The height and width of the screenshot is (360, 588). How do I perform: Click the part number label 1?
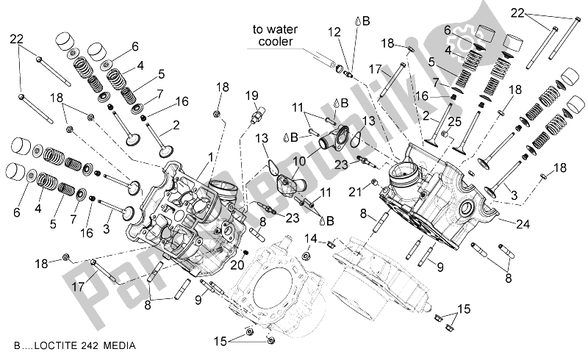click(210, 156)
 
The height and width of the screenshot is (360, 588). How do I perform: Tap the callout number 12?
click(334, 32)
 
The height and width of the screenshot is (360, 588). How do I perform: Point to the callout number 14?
click(311, 238)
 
